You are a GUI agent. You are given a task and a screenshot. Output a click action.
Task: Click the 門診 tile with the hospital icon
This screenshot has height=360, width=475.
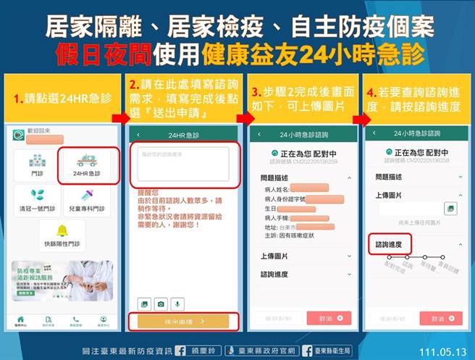37,165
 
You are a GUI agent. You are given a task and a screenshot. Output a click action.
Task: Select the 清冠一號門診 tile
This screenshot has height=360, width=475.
37,200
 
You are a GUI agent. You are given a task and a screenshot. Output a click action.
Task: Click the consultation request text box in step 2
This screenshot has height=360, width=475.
182,163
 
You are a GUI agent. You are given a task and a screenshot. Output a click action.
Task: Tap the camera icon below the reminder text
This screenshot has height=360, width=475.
161,304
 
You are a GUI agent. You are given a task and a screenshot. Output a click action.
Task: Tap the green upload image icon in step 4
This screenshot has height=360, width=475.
450,209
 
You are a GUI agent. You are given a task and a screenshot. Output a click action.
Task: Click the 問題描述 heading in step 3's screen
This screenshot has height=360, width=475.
275,176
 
